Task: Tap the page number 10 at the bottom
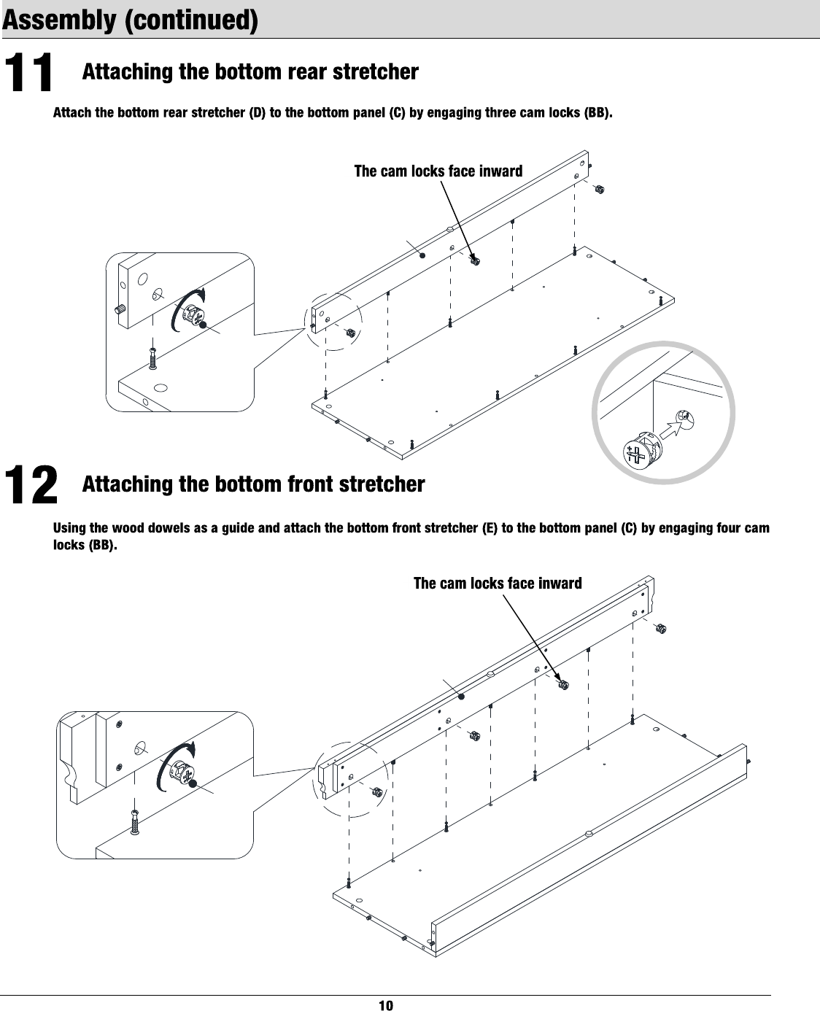click(x=386, y=1005)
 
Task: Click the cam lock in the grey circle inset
click(x=636, y=452)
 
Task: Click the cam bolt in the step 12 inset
click(x=135, y=822)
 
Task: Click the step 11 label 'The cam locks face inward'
click(x=438, y=171)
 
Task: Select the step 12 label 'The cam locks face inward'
click(x=498, y=584)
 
